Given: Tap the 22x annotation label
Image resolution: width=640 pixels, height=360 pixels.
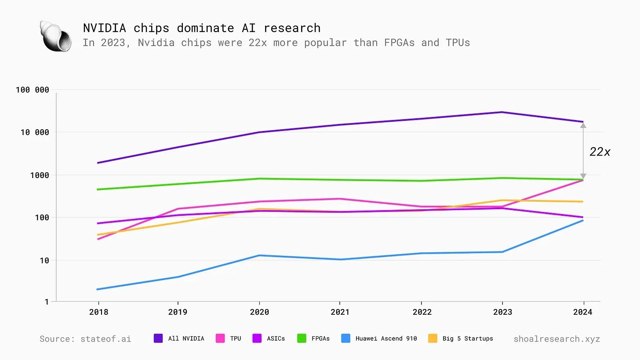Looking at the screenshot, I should [x=600, y=152].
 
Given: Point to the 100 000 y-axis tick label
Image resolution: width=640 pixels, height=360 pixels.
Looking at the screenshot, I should [x=32, y=90].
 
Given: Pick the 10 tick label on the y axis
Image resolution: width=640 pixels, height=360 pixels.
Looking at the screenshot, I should [x=44, y=260].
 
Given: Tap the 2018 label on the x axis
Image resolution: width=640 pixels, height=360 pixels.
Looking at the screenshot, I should [x=98, y=312].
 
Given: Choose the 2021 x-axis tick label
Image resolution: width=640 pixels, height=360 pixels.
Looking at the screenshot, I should [x=339, y=312].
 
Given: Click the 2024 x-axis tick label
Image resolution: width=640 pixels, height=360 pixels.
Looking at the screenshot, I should [x=583, y=312].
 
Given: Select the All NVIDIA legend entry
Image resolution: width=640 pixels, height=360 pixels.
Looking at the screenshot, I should [x=179, y=338].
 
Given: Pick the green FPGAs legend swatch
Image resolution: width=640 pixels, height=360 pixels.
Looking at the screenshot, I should [x=302, y=338].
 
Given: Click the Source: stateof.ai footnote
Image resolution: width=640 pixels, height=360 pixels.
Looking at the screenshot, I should [x=85, y=338].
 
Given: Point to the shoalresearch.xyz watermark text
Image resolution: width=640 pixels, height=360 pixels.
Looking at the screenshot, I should [x=556, y=338].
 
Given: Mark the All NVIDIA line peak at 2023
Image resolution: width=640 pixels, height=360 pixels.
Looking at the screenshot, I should [x=502, y=112].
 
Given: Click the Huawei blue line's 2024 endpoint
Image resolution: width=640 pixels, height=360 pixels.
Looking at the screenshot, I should [x=583, y=220].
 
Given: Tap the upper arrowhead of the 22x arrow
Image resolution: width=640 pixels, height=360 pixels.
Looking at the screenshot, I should [x=583, y=125].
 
